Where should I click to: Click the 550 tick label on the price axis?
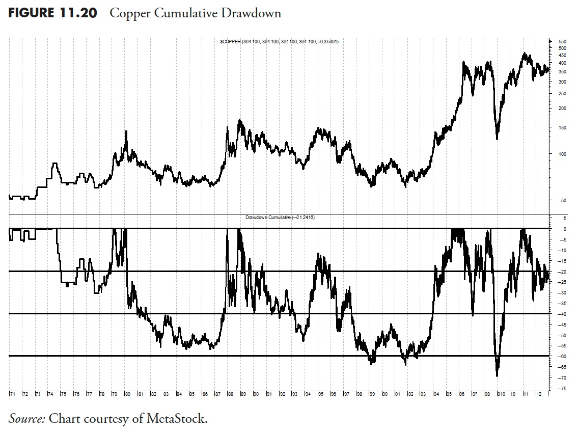click(x=562, y=41)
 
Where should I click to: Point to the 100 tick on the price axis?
click(x=562, y=154)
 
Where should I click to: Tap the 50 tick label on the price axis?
click(x=562, y=200)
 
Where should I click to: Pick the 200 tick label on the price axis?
click(x=562, y=108)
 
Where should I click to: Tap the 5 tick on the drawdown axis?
click(x=563, y=218)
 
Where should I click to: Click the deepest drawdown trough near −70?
click(x=497, y=375)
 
